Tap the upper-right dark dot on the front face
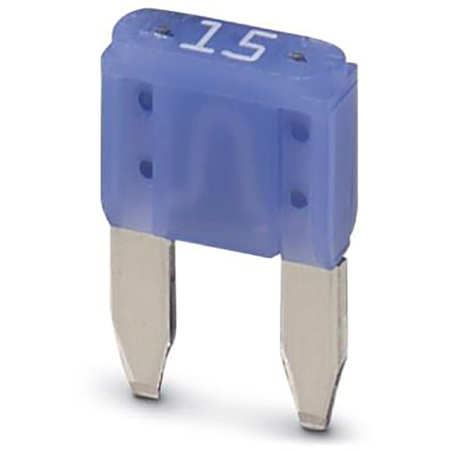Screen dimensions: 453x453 pos(299,132)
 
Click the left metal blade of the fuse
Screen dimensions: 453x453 pos(138,304)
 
